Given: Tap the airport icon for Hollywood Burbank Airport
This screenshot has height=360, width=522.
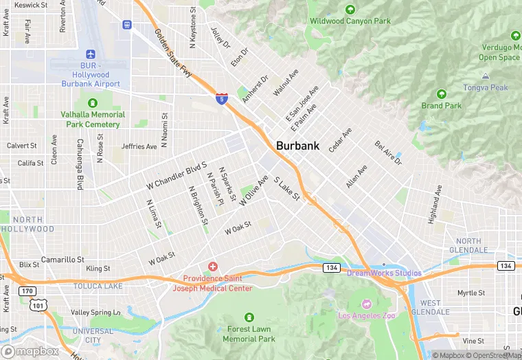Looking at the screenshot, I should pyautogui.click(x=90, y=54).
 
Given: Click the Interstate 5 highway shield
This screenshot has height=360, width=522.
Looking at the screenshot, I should pyautogui.click(x=221, y=99).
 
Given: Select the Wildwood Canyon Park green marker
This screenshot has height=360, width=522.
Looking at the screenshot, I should pyautogui.click(x=350, y=10).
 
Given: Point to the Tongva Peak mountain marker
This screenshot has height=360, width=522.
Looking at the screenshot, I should pyautogui.click(x=486, y=77).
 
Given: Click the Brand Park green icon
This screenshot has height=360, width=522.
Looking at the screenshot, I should pyautogui.click(x=442, y=94).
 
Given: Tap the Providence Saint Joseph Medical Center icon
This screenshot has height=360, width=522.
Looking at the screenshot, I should pyautogui.click(x=212, y=266).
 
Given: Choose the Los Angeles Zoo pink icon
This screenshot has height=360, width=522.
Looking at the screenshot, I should pyautogui.click(x=366, y=304).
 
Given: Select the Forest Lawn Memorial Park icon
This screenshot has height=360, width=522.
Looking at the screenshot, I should pyautogui.click(x=248, y=317).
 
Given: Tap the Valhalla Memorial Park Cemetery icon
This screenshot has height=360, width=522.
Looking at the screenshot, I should pyautogui.click(x=89, y=103).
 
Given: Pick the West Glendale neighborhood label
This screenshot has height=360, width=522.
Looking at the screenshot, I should pyautogui.click(x=431, y=308).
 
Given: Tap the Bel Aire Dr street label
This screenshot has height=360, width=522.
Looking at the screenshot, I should pyautogui.click(x=387, y=153).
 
